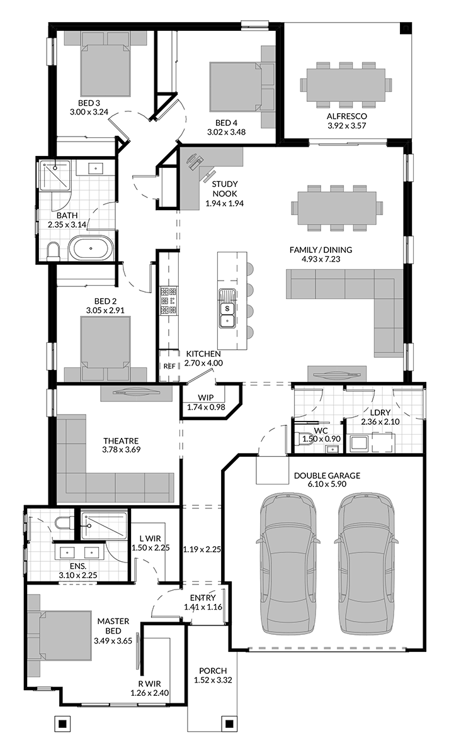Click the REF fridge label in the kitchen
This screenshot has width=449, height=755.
[169, 366]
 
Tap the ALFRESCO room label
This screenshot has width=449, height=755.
[346, 116]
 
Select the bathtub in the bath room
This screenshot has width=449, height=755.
[91, 249]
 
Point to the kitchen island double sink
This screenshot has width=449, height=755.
[227, 308]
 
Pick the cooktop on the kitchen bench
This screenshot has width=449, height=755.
[169, 301]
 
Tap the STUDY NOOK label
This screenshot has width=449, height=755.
[225, 189]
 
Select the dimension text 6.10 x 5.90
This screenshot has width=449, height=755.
[327, 484]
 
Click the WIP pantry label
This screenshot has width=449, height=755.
[205, 398]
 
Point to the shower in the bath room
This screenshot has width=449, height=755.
[55, 176]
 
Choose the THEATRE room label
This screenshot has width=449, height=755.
[121, 441]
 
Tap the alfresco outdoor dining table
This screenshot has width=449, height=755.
[346, 84]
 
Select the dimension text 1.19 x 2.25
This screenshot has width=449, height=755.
[202, 549]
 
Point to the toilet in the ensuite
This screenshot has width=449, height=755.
[63, 522]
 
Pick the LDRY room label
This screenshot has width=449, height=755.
[380, 413]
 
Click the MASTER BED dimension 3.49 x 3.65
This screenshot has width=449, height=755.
[113, 640]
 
